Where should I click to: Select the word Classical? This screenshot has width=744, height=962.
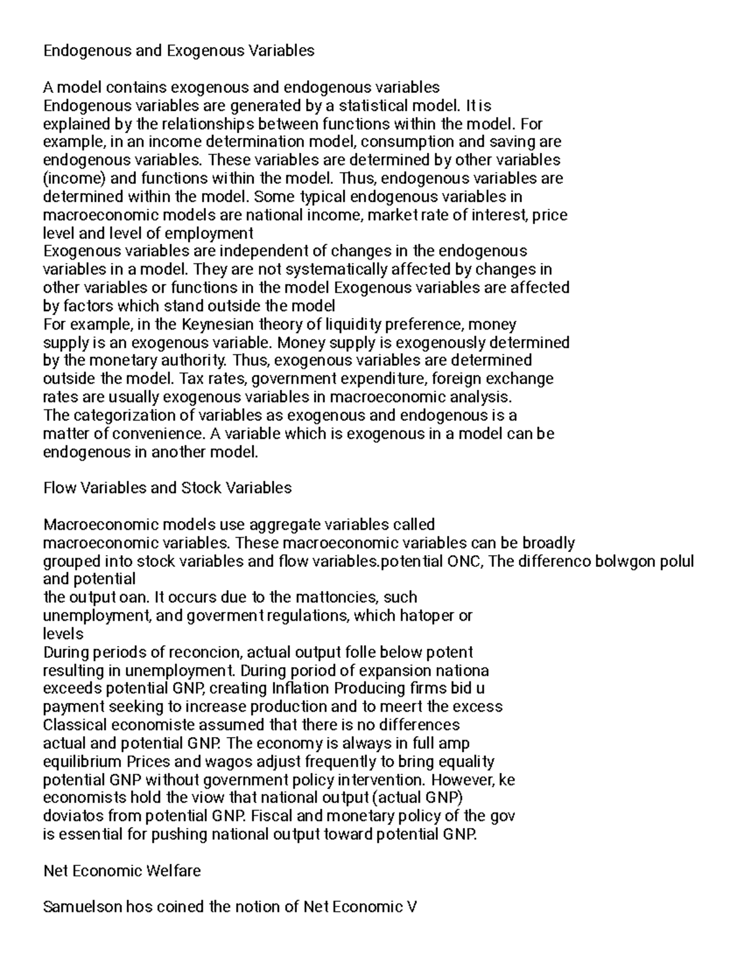coord(69,725)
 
